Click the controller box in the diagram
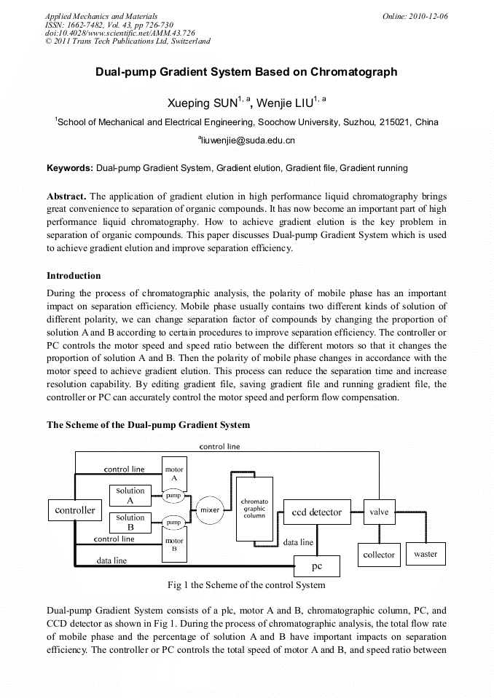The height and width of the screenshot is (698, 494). (75, 510)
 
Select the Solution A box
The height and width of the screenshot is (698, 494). (130, 496)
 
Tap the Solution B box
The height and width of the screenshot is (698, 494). (130, 523)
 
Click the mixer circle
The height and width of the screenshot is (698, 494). (210, 510)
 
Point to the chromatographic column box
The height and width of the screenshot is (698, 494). (255, 508)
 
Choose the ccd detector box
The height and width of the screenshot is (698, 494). (316, 512)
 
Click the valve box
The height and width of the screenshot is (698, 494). (379, 512)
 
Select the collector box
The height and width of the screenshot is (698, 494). (379, 555)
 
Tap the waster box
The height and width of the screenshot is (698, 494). (426, 554)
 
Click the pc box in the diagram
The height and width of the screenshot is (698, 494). (317, 566)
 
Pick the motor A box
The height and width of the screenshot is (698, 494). (174, 474)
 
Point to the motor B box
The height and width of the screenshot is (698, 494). (174, 545)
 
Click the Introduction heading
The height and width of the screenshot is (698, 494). (74, 276)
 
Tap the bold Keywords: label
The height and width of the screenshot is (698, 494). (70, 168)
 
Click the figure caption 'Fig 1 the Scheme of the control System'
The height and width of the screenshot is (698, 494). (246, 584)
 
